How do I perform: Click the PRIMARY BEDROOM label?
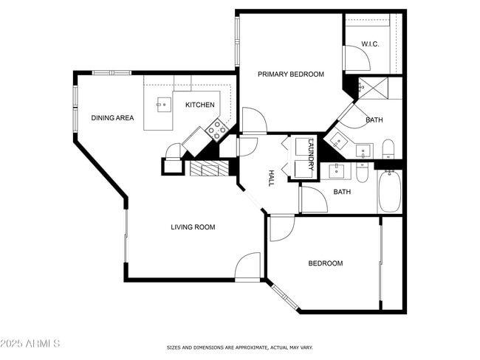[x=290, y=75]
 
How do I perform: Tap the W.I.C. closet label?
[x=370, y=45]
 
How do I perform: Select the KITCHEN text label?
[x=199, y=105]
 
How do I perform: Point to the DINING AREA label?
[x=112, y=118]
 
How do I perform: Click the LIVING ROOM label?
[x=193, y=227]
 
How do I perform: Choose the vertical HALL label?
[x=270, y=178]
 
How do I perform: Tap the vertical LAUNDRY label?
[x=311, y=153]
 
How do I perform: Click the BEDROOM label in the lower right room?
[x=325, y=263]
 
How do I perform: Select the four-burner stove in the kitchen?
[x=216, y=131]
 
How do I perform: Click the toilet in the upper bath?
[x=388, y=150]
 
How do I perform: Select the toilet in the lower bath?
[x=362, y=173]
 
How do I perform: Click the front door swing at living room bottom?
[x=249, y=268]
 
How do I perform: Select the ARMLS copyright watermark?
[x=31, y=345]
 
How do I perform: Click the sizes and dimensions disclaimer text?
[x=240, y=347]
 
